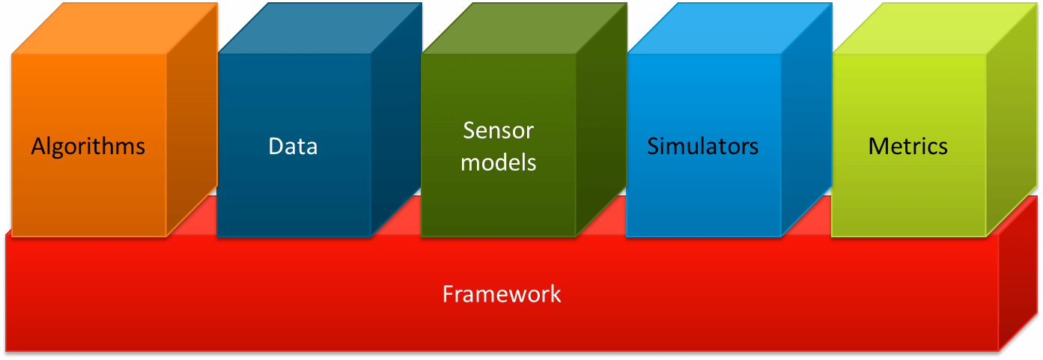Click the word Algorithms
point(88,146)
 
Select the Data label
point(293,146)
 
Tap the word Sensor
point(498,130)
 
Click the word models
point(498,162)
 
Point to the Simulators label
point(702,146)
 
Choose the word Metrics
point(907,146)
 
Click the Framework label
point(501,294)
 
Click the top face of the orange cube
point(114,29)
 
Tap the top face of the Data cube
point(320,29)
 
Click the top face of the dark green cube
point(524,29)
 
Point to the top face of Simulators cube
point(729,29)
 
